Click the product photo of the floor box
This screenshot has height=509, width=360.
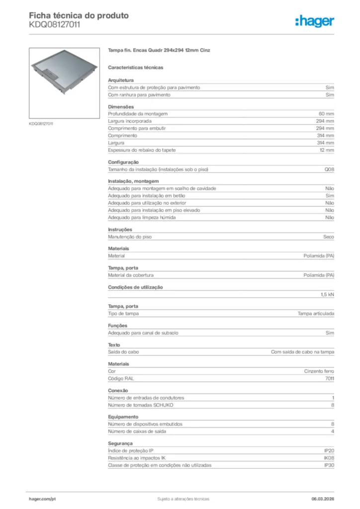click(x=65, y=83)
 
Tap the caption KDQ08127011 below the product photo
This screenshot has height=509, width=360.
click(x=41, y=123)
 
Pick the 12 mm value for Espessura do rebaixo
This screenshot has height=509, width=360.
click(x=327, y=150)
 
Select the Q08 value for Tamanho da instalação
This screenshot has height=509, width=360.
click(x=329, y=170)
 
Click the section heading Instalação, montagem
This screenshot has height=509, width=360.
click(x=133, y=181)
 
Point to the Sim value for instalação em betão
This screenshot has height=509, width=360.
click(x=330, y=196)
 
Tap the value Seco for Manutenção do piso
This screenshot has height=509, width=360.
click(x=328, y=237)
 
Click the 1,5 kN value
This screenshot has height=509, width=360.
click(x=327, y=295)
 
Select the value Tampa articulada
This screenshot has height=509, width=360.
click(x=316, y=314)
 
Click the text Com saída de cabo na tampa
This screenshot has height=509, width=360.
click(x=302, y=352)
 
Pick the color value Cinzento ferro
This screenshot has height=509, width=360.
click(x=319, y=371)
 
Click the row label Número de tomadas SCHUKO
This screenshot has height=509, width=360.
click(x=141, y=405)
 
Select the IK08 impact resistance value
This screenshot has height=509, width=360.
click(x=329, y=458)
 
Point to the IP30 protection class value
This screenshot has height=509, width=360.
click(x=329, y=465)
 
